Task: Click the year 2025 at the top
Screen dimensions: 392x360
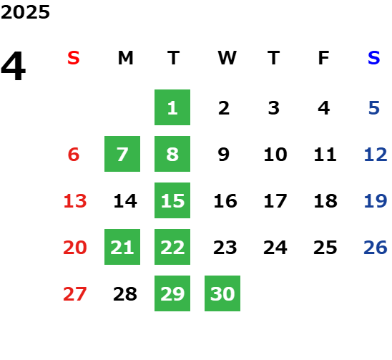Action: coord(25,12)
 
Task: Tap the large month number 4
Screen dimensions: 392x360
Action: coord(14,66)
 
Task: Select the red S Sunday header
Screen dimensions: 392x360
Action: coord(74,58)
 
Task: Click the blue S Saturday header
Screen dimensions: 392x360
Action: coord(373,58)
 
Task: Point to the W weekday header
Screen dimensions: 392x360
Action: coord(227,58)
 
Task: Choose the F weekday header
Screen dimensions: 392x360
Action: coord(324,58)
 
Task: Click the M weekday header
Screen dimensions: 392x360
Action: coord(125,58)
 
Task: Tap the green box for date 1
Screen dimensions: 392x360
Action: coord(172,107)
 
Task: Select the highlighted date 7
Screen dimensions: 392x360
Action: coord(122,154)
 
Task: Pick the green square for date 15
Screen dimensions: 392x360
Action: coord(172,200)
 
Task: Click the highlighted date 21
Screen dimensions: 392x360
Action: coord(122,247)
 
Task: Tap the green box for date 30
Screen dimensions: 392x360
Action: coord(222,293)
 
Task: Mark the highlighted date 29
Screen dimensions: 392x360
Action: coord(172,293)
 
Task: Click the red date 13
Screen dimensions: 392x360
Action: coord(75,201)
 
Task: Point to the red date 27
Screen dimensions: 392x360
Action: coord(75,294)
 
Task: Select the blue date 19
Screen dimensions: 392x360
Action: coord(376,201)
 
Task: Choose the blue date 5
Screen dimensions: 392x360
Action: coord(374,108)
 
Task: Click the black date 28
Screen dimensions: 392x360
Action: coord(125,294)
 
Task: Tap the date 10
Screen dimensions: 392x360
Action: coord(275,155)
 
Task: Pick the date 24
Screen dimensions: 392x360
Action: coord(275,248)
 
